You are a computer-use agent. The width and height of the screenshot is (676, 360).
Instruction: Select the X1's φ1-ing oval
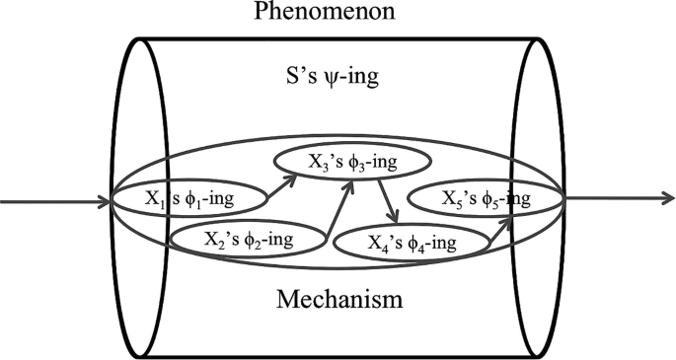[x=188, y=199]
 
